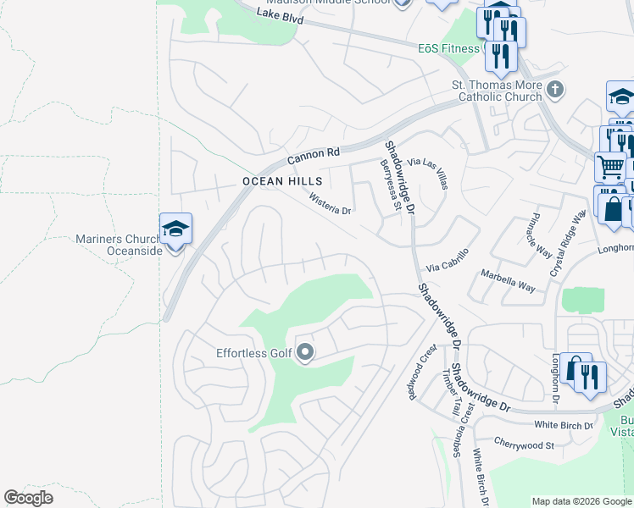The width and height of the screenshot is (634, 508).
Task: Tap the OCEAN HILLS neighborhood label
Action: point(270,181)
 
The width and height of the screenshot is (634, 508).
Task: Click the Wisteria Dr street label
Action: point(330,204)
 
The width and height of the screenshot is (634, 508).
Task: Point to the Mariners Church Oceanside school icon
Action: point(175,229)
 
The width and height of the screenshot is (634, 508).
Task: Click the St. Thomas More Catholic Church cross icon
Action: point(555,89)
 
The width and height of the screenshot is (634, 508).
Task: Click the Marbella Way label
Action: point(508,280)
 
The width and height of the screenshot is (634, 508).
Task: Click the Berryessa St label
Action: point(390,184)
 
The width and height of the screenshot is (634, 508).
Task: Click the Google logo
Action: point(29,498)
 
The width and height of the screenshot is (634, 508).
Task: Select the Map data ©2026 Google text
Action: point(581,501)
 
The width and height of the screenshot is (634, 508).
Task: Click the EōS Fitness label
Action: point(448,48)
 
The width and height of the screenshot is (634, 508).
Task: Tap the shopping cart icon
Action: point(610,167)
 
